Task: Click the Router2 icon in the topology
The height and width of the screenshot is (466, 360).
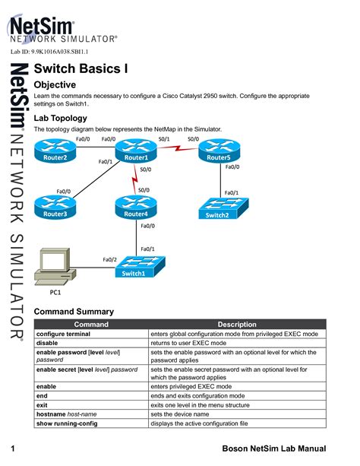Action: pos(55,154)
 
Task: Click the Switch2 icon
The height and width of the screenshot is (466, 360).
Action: pos(216,211)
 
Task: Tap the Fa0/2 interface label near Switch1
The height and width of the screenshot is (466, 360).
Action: pos(111,260)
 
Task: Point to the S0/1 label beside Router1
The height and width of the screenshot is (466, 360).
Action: pos(163,139)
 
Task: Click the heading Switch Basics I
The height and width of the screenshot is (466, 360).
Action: pos(81,68)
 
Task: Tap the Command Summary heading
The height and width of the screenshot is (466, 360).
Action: pos(74,312)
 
